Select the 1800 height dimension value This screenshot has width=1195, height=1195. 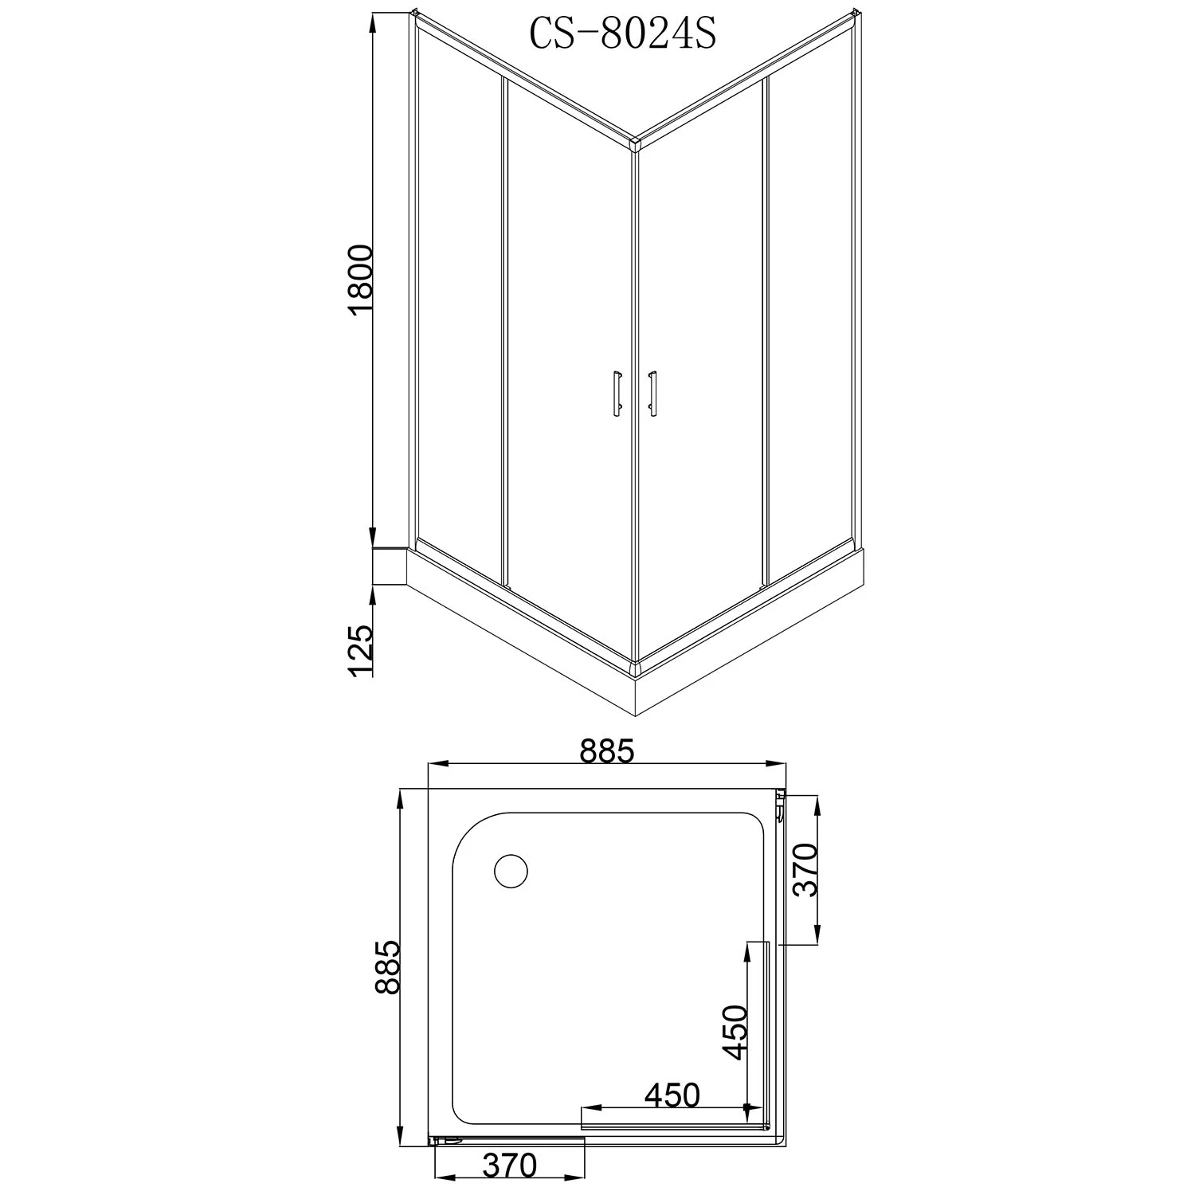(x=361, y=283)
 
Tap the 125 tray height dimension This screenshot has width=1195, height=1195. (x=360, y=650)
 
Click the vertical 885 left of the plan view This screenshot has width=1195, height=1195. (x=386, y=967)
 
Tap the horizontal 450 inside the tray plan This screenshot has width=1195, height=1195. (x=672, y=1095)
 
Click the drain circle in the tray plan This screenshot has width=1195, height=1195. (x=511, y=871)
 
